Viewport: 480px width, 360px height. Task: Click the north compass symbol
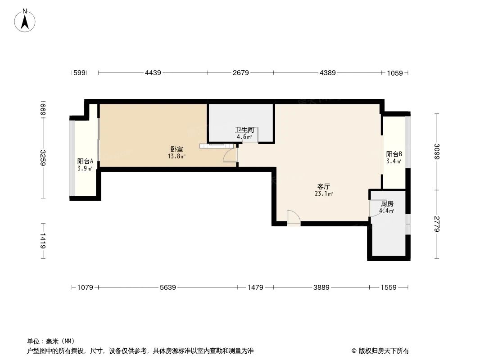click(x=26, y=20)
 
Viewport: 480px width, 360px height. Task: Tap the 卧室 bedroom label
click(x=177, y=149)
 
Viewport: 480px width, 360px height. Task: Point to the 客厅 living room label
click(x=324, y=186)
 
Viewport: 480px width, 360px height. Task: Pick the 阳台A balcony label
click(x=85, y=161)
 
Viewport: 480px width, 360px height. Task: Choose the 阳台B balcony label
click(x=394, y=154)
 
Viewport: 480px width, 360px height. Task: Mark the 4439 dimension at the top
click(x=153, y=72)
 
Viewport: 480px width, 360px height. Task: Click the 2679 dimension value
click(x=241, y=72)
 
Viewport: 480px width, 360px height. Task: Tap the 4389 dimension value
click(x=328, y=72)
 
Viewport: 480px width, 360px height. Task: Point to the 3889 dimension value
click(x=322, y=287)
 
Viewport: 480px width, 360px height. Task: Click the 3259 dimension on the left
click(x=43, y=158)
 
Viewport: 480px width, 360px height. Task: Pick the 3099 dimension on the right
click(x=437, y=152)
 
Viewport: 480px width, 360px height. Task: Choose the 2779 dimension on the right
click(x=437, y=224)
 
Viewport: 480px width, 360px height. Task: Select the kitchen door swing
click(x=375, y=208)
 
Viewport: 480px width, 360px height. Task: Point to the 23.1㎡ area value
click(x=324, y=194)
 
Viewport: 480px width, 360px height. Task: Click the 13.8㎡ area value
click(x=177, y=157)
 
